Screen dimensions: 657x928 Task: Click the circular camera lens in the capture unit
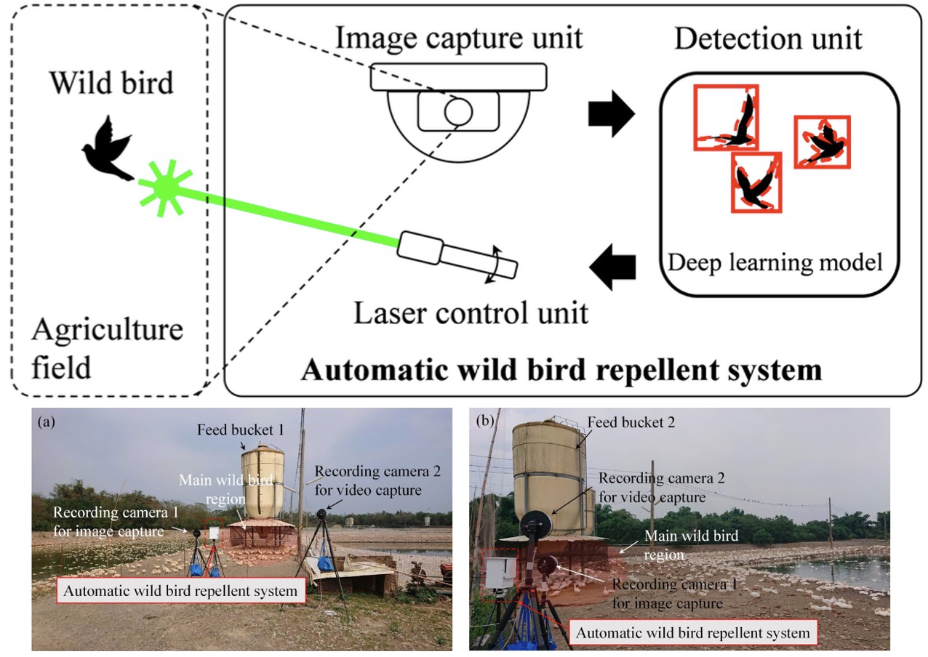(458, 111)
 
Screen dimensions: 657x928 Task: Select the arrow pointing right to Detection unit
(611, 115)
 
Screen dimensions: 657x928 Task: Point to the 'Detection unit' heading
(768, 38)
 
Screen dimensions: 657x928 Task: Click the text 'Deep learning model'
(775, 262)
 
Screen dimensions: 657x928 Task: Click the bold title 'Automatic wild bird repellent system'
(561, 371)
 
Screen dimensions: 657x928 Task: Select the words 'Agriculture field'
(107, 347)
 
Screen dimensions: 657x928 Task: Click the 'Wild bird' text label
(111, 83)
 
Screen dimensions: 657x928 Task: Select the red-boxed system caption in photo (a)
(180, 590)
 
